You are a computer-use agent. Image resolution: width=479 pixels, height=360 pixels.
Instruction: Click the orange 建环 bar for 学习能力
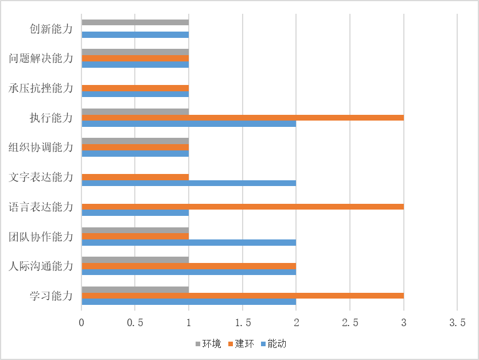pyautogui.click(x=243, y=296)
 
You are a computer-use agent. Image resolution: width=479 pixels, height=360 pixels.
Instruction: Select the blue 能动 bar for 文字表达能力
pyautogui.click(x=189, y=183)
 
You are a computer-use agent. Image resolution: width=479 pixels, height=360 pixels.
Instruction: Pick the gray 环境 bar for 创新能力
pyautogui.click(x=135, y=23)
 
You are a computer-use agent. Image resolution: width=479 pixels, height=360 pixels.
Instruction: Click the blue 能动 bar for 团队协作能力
pyautogui.click(x=189, y=242)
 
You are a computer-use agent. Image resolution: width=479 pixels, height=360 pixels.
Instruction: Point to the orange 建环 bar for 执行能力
pyautogui.click(x=243, y=118)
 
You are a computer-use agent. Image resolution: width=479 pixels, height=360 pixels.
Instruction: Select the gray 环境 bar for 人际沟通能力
pyautogui.click(x=135, y=260)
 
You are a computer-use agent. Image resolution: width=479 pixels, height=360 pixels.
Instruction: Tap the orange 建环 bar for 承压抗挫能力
pyautogui.click(x=135, y=88)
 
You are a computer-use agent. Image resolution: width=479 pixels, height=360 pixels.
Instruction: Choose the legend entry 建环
pyautogui.click(x=241, y=344)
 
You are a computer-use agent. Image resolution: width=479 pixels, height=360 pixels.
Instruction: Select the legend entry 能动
pyautogui.click(x=273, y=344)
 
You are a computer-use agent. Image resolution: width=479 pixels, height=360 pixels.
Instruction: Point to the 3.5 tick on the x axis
pyautogui.click(x=457, y=323)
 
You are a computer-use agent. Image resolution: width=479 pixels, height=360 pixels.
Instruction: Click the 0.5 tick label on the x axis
pyautogui.click(x=135, y=323)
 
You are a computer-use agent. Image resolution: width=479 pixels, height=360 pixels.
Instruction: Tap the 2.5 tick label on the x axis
pyautogui.click(x=350, y=323)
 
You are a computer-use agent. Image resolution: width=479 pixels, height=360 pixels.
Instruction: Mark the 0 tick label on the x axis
pyautogui.click(x=82, y=323)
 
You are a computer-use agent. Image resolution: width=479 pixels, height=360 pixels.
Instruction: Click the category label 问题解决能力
pyautogui.click(x=41, y=59)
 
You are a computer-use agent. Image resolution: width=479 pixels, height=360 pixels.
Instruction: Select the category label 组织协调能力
pyautogui.click(x=41, y=148)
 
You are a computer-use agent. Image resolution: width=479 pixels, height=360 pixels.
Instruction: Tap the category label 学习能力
pyautogui.click(x=52, y=296)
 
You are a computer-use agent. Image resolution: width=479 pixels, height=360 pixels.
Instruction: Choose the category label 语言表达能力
pyautogui.click(x=41, y=207)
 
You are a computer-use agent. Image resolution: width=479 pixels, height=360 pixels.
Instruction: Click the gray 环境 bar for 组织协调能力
pyautogui.click(x=135, y=141)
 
